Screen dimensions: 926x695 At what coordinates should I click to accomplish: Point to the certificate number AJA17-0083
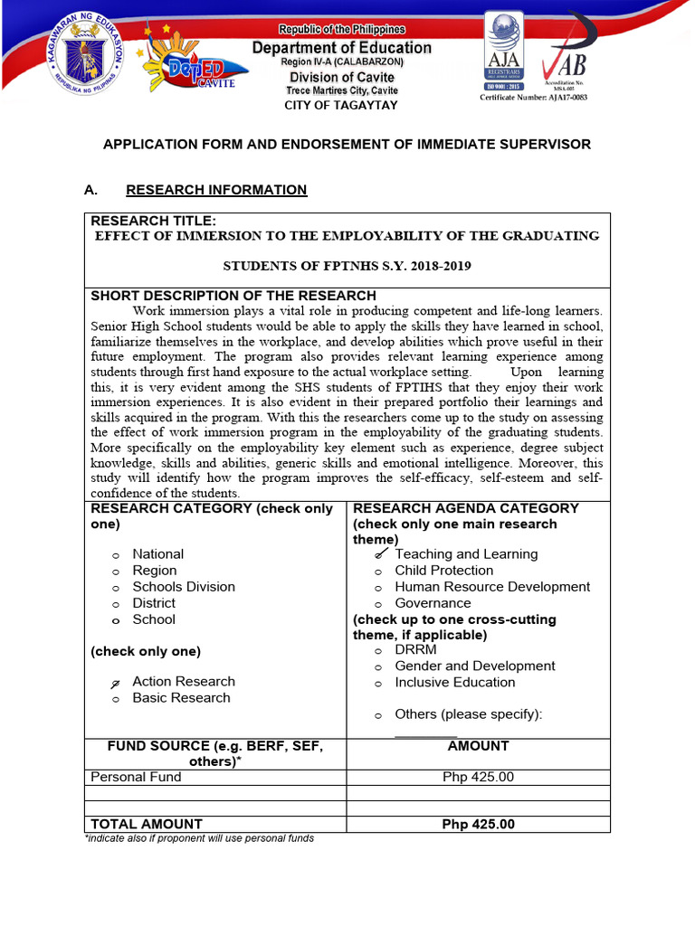(533, 98)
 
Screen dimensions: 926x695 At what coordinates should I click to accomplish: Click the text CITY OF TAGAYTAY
(341, 105)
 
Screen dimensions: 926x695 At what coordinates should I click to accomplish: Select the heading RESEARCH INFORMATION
(216, 190)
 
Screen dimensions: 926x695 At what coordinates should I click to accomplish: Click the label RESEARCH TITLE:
(153, 222)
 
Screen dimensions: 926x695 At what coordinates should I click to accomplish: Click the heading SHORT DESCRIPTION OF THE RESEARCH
(233, 296)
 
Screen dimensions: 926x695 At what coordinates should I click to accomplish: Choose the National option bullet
(116, 555)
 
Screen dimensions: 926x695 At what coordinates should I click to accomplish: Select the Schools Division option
(183, 587)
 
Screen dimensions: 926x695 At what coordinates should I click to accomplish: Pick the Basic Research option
(181, 698)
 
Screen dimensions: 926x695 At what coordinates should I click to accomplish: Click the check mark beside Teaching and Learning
(381, 553)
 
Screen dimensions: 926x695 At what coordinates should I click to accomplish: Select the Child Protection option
(443, 571)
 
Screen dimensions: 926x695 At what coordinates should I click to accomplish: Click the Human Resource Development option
(491, 587)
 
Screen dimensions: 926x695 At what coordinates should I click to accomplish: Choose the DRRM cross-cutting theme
(415, 650)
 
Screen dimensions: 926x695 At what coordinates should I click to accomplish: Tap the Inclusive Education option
(454, 683)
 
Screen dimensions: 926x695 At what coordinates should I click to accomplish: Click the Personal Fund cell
(136, 777)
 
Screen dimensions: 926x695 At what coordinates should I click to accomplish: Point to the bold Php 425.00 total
(478, 824)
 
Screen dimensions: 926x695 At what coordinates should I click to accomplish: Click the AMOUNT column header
(478, 746)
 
